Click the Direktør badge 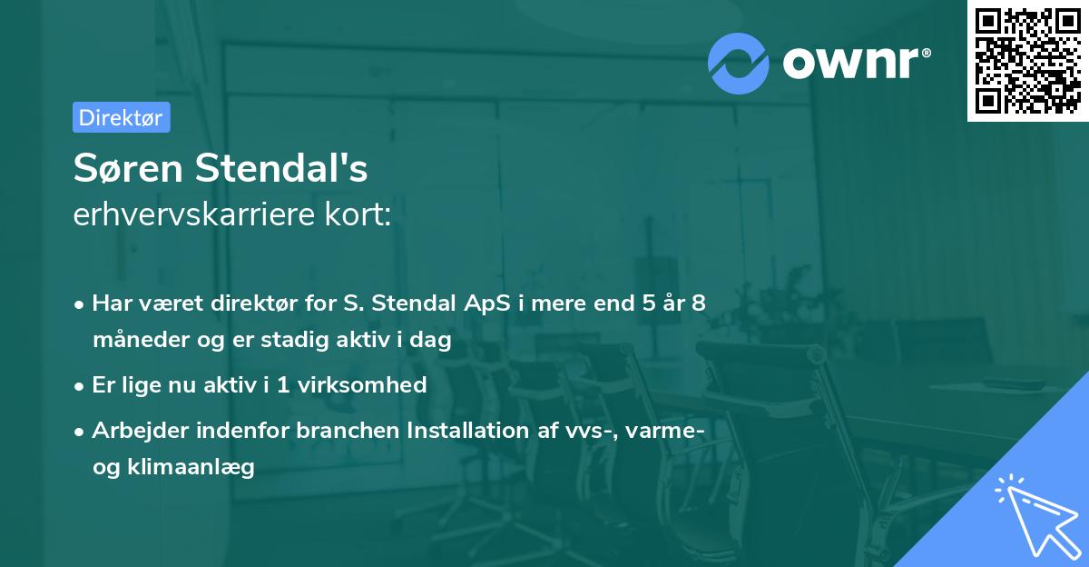[121, 117]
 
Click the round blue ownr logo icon [739, 62]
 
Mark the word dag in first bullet [431, 341]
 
